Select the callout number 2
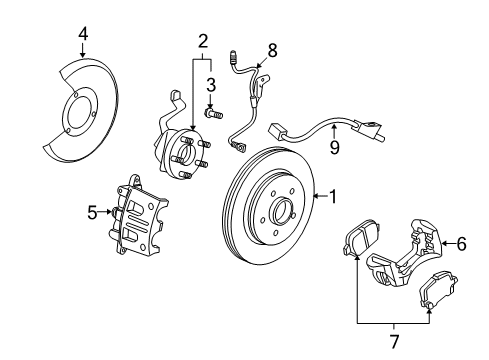coord(203,41)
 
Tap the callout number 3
coord(211,84)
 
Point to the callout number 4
coord(83,35)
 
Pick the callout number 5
coord(92,212)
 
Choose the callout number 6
coord(462,270)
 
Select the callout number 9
coord(336,147)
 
